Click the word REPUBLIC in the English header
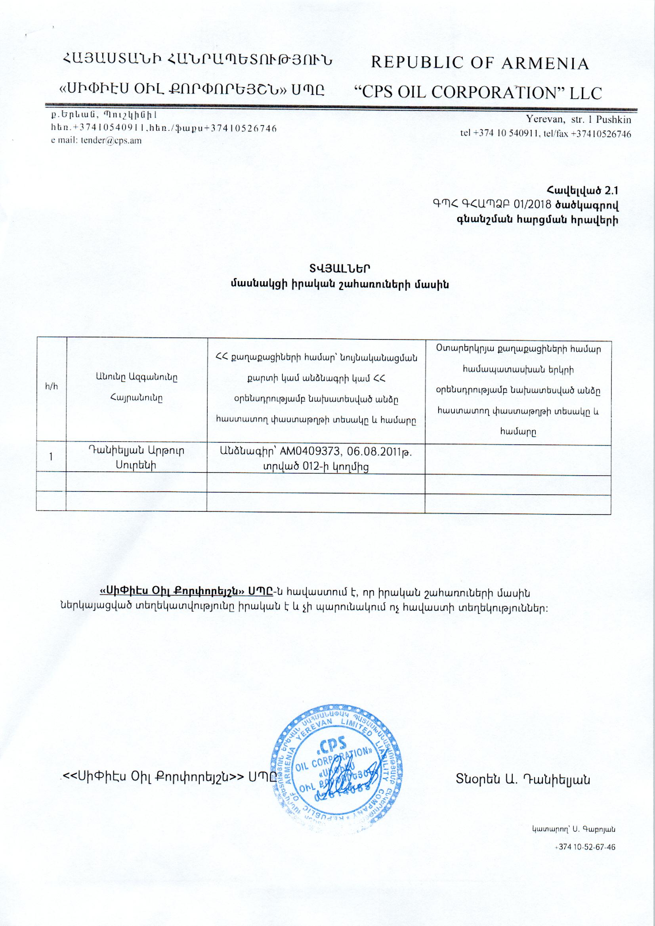411,63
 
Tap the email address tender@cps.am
111,141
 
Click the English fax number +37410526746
601,133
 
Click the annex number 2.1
611,191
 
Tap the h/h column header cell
51,386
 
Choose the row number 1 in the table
51,457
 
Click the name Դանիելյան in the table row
115,450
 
